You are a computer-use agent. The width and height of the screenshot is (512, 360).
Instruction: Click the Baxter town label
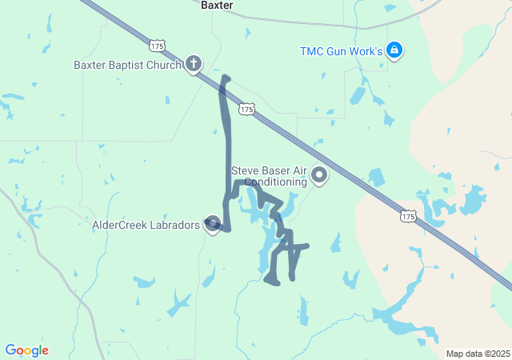click(x=217, y=5)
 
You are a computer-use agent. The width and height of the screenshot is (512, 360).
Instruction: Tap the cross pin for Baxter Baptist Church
click(x=193, y=64)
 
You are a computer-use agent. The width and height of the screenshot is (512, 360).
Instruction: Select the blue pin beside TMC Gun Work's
click(x=394, y=50)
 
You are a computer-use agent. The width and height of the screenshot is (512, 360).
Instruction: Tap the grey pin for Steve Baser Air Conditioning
click(x=319, y=174)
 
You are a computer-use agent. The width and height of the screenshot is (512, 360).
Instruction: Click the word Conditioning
click(x=276, y=182)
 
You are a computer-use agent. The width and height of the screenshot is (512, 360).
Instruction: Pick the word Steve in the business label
click(x=245, y=170)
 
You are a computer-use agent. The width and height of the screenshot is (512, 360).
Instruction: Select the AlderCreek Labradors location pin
click(x=213, y=225)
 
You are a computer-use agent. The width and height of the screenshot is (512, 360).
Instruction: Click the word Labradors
click(x=175, y=226)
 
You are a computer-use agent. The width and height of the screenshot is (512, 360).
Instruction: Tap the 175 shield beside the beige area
click(x=408, y=216)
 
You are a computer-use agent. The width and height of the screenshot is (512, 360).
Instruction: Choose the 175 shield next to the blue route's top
click(x=246, y=108)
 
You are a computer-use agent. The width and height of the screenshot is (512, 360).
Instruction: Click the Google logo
click(x=26, y=350)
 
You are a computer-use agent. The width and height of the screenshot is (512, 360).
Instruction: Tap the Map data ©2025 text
click(x=478, y=354)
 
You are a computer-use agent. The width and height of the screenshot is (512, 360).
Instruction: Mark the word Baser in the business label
click(x=274, y=170)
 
